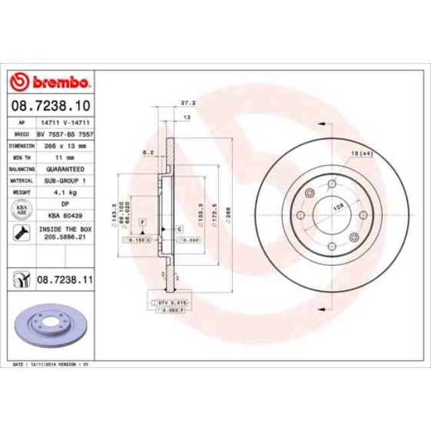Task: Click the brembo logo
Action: (51, 82)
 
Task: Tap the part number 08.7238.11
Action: (65, 281)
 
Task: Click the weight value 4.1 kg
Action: (65, 192)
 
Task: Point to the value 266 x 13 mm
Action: (65, 145)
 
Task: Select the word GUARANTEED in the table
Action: (65, 169)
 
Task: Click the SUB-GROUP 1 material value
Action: (65, 180)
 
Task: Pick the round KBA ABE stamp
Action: (21, 209)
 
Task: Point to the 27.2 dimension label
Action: (187, 103)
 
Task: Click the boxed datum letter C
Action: (179, 228)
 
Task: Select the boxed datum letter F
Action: (141, 221)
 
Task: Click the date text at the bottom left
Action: (51, 365)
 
